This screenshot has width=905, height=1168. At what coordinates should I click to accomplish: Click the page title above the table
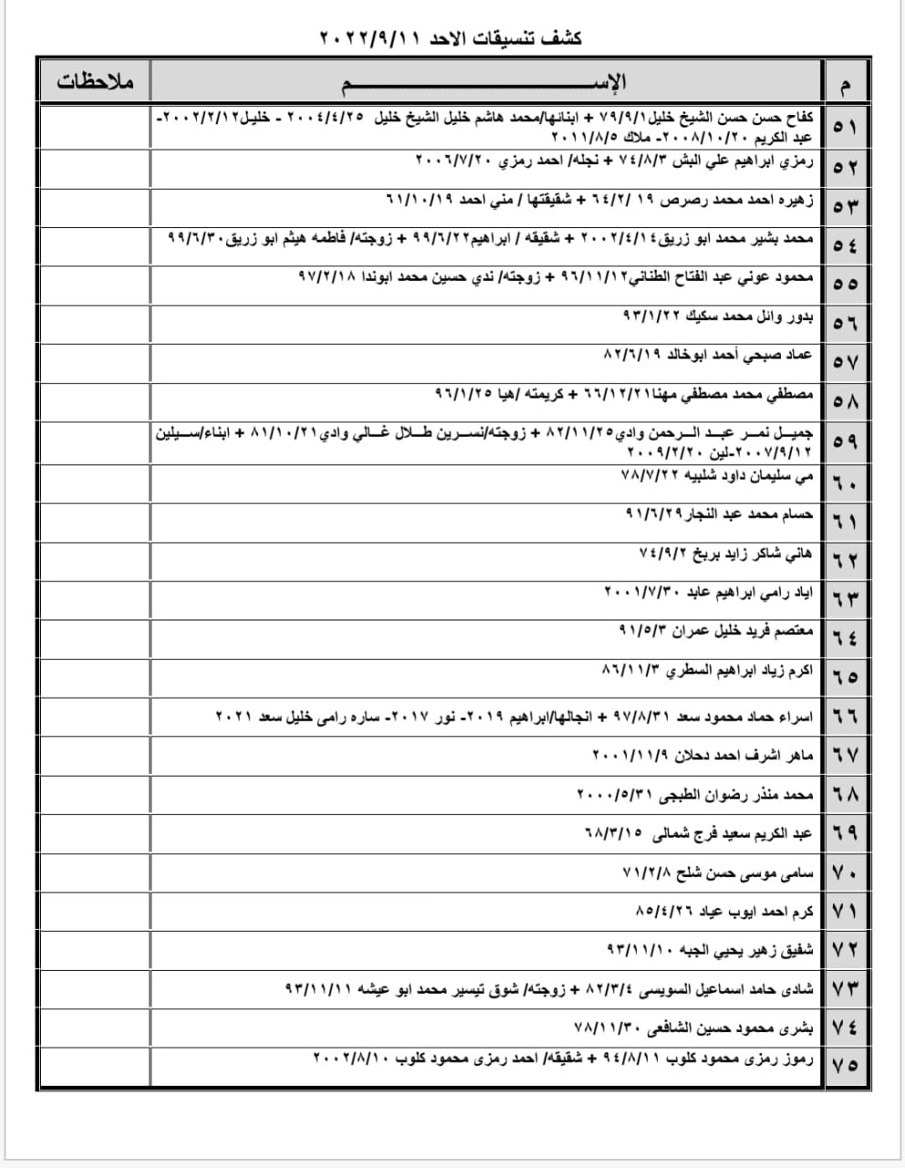452,38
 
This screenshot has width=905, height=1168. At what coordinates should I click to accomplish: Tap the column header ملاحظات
95,82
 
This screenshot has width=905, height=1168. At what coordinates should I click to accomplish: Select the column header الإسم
486,82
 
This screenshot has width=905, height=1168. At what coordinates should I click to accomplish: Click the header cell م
844,84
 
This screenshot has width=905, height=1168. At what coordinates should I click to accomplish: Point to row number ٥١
844,128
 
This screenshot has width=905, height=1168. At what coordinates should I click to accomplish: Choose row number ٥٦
844,322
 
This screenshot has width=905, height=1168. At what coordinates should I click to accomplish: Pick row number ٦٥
844,676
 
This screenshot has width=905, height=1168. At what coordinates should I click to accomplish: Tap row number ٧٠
844,873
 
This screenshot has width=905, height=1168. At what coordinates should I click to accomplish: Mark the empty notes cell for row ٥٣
95,205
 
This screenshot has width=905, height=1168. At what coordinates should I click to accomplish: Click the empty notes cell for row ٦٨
95,794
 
